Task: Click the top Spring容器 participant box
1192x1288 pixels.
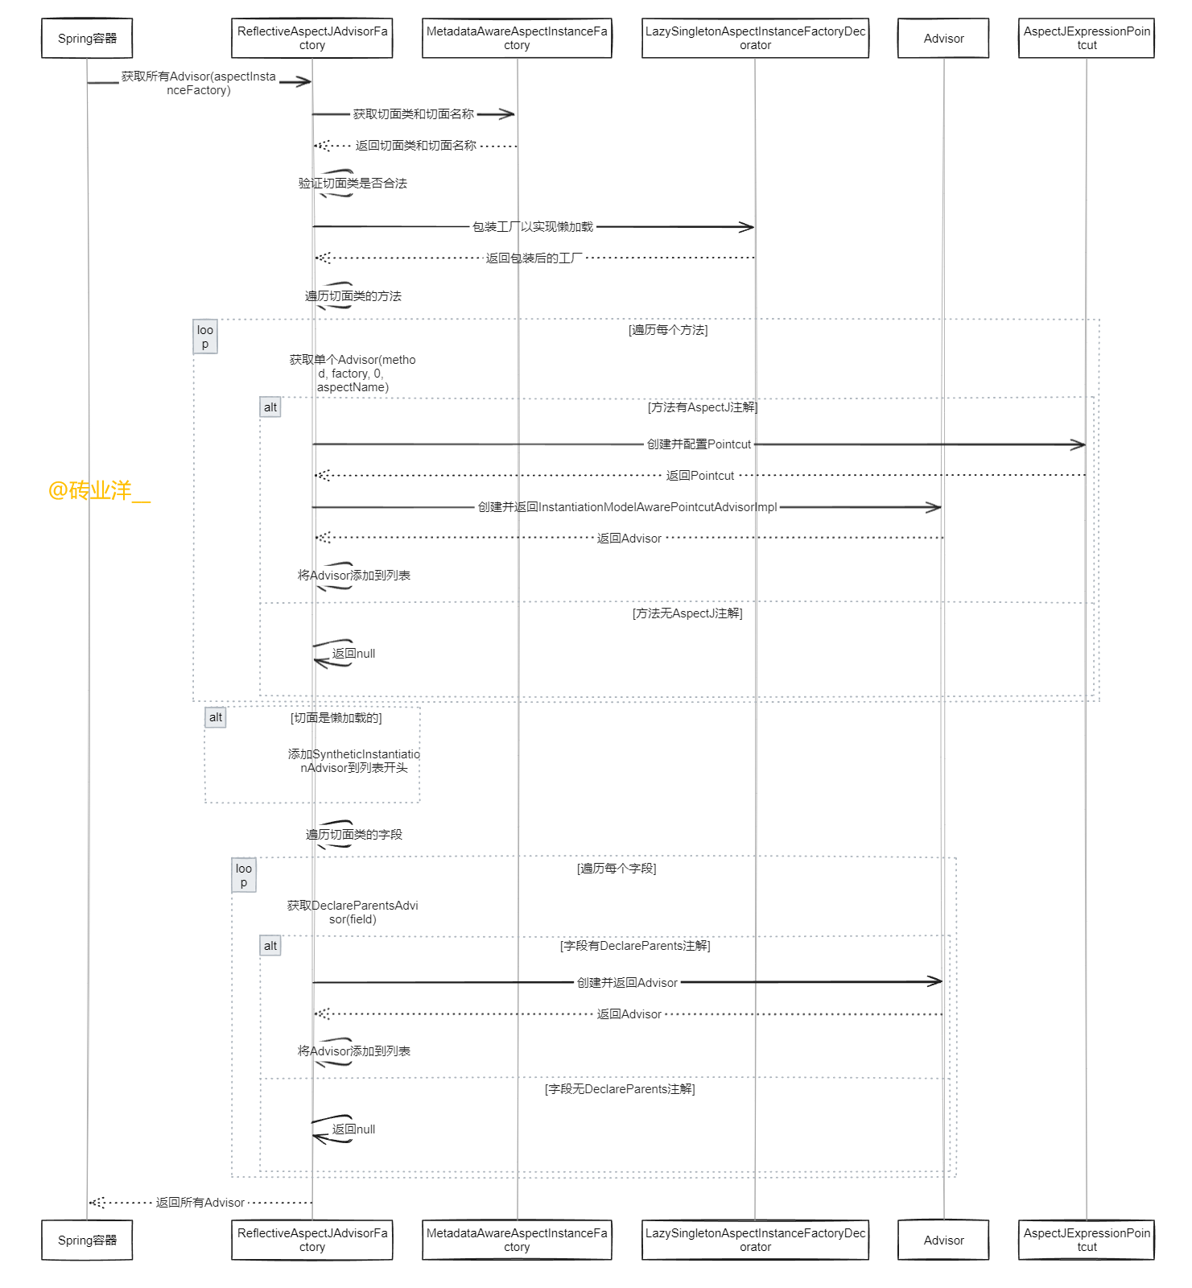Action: pos(87,39)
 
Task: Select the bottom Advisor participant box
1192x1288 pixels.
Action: pos(943,1241)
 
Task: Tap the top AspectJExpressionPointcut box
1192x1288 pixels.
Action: pos(1087,39)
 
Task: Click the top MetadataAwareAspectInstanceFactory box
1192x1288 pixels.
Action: pos(517,39)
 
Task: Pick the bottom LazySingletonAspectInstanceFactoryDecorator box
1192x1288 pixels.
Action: pos(755,1241)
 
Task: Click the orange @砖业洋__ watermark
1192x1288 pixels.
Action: pos(99,490)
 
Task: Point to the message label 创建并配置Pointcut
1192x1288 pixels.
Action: pos(699,444)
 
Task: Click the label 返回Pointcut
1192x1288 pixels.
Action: pos(700,476)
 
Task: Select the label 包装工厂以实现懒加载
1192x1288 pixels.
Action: pos(533,227)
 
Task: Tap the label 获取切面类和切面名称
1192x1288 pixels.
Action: pos(414,114)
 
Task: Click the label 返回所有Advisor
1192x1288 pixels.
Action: pos(200,1203)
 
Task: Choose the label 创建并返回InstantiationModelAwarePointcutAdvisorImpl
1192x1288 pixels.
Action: pos(628,507)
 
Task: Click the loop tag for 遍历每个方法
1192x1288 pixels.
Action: pos(205,337)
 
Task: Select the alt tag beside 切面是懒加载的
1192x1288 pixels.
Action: pos(216,717)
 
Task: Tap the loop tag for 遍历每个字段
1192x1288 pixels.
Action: pos(244,876)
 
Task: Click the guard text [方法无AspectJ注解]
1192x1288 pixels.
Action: pos(687,613)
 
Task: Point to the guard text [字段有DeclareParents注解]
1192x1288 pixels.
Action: pos(635,946)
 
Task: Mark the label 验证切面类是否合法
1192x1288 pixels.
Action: pos(353,184)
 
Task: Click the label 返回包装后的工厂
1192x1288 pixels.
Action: pos(534,258)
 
